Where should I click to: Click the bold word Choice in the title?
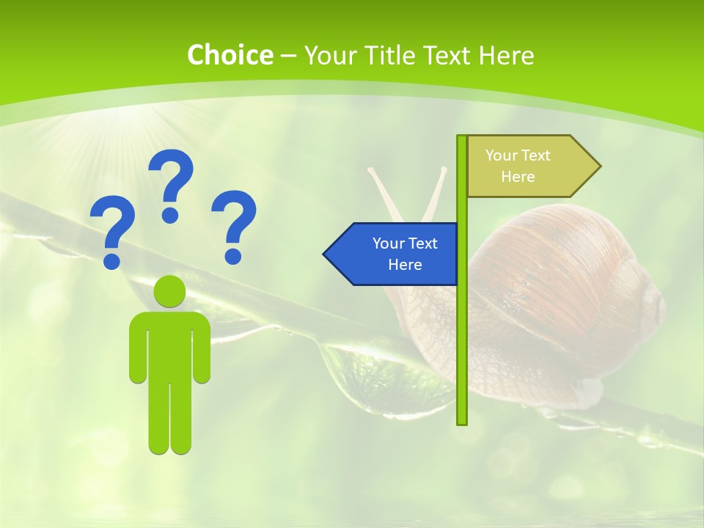pyautogui.click(x=230, y=55)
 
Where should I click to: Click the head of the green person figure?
pyautogui.click(x=169, y=291)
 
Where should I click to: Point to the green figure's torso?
pyautogui.click(x=169, y=345)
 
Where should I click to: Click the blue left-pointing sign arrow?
pyautogui.click(x=392, y=254)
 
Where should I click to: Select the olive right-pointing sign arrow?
pyautogui.click(x=528, y=166)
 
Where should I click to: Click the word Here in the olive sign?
pyautogui.click(x=518, y=177)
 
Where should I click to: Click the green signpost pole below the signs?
pyautogui.click(x=462, y=352)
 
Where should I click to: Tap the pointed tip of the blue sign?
pyautogui.click(x=325, y=254)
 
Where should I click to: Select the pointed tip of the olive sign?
pyautogui.click(x=599, y=166)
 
